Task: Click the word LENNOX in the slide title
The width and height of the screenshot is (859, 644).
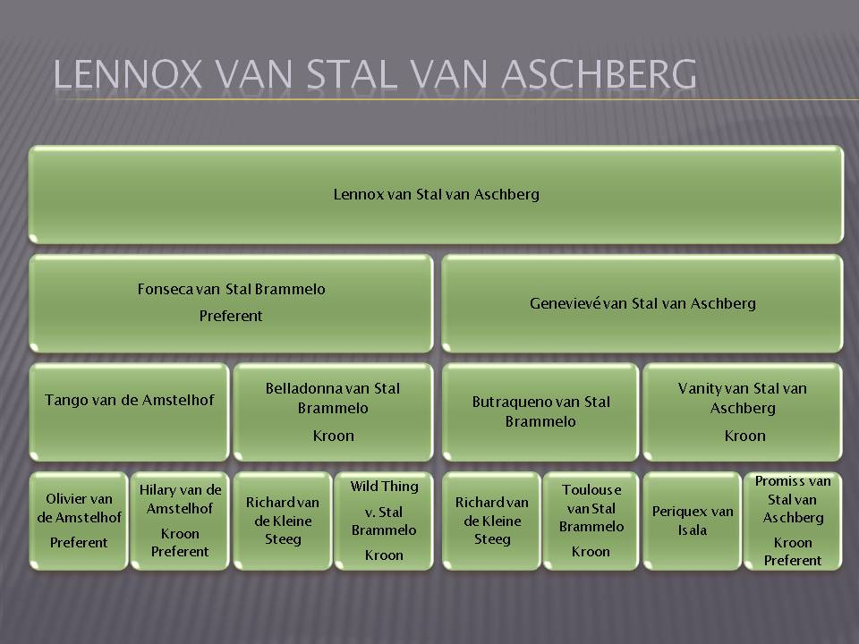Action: (128, 74)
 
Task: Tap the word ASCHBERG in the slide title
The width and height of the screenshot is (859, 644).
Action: (599, 74)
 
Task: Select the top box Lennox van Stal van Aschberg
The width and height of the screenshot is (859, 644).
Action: (436, 194)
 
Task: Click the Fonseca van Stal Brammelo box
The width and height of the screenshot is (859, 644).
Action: (231, 303)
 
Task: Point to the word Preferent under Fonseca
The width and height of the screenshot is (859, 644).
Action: (231, 316)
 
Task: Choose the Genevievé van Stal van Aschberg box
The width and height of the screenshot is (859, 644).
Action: (642, 303)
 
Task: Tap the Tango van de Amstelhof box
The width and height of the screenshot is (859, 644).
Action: (129, 411)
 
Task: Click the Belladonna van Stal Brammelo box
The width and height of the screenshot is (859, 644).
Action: (333, 411)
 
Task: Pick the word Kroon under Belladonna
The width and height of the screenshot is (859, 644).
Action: (333, 436)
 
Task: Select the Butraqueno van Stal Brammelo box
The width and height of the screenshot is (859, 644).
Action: (540, 411)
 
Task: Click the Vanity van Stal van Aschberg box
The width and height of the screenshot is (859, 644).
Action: (743, 411)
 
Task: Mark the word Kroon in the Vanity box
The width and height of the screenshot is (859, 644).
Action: (744, 436)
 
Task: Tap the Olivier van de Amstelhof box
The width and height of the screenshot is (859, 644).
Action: (79, 521)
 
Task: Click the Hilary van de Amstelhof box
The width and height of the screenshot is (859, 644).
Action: (180, 521)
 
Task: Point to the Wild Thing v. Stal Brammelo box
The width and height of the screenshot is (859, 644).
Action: (384, 521)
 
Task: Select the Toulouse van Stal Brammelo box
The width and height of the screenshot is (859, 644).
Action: (591, 521)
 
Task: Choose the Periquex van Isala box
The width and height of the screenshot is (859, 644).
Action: (692, 521)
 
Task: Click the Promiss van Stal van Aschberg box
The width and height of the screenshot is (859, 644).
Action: (793, 521)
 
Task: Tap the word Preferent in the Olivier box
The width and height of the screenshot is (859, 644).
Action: (79, 543)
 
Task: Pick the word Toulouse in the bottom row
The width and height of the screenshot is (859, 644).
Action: (591, 489)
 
